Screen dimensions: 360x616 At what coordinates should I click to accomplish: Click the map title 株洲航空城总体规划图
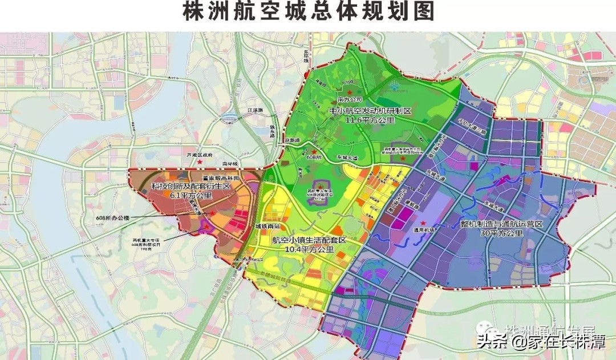(x=309, y=13)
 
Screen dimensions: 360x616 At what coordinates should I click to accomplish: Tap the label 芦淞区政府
(x=200, y=155)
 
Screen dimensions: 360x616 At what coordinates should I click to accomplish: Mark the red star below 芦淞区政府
(x=199, y=163)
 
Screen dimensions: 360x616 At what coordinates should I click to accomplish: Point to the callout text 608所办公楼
(x=114, y=217)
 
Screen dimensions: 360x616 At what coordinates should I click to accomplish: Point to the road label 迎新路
(x=292, y=140)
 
